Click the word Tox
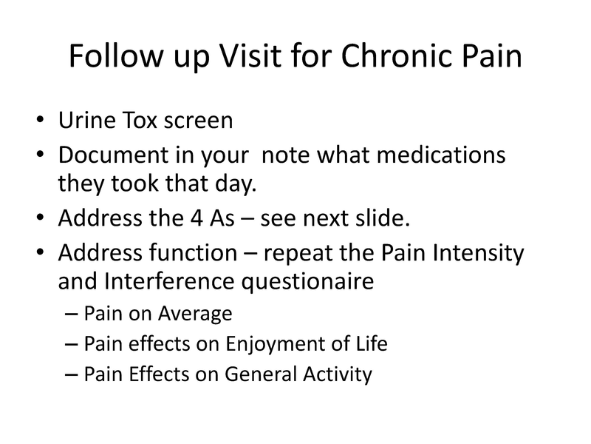[144, 121]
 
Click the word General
[265, 374]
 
